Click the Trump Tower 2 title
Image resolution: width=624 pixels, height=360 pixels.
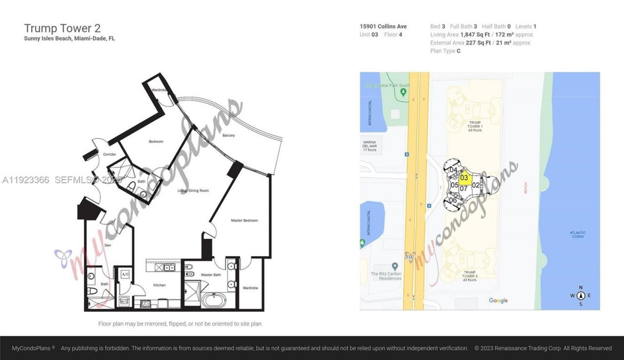point(62,28)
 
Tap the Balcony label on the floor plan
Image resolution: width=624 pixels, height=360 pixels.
point(229,135)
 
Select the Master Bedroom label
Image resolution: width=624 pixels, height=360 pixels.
point(244,220)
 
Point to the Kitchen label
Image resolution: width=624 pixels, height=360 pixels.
point(159,285)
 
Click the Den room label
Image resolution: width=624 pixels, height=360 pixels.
point(108,245)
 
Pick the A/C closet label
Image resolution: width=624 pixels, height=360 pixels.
point(125,274)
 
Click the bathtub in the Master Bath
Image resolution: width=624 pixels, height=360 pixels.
point(215,299)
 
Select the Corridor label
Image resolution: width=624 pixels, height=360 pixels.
point(109,154)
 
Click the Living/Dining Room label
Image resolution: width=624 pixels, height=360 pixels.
point(193,190)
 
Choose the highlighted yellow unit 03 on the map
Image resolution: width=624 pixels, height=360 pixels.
point(464,178)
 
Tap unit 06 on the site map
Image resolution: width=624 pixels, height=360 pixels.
point(453,200)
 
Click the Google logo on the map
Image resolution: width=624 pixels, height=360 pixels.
point(498,300)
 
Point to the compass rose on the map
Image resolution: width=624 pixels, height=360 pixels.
point(581,296)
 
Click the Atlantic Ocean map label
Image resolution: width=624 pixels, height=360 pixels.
point(578,235)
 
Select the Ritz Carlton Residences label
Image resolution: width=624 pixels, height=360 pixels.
point(386,276)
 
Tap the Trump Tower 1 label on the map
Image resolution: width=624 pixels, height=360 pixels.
point(475,126)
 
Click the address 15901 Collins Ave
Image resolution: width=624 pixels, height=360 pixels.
point(383,26)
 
